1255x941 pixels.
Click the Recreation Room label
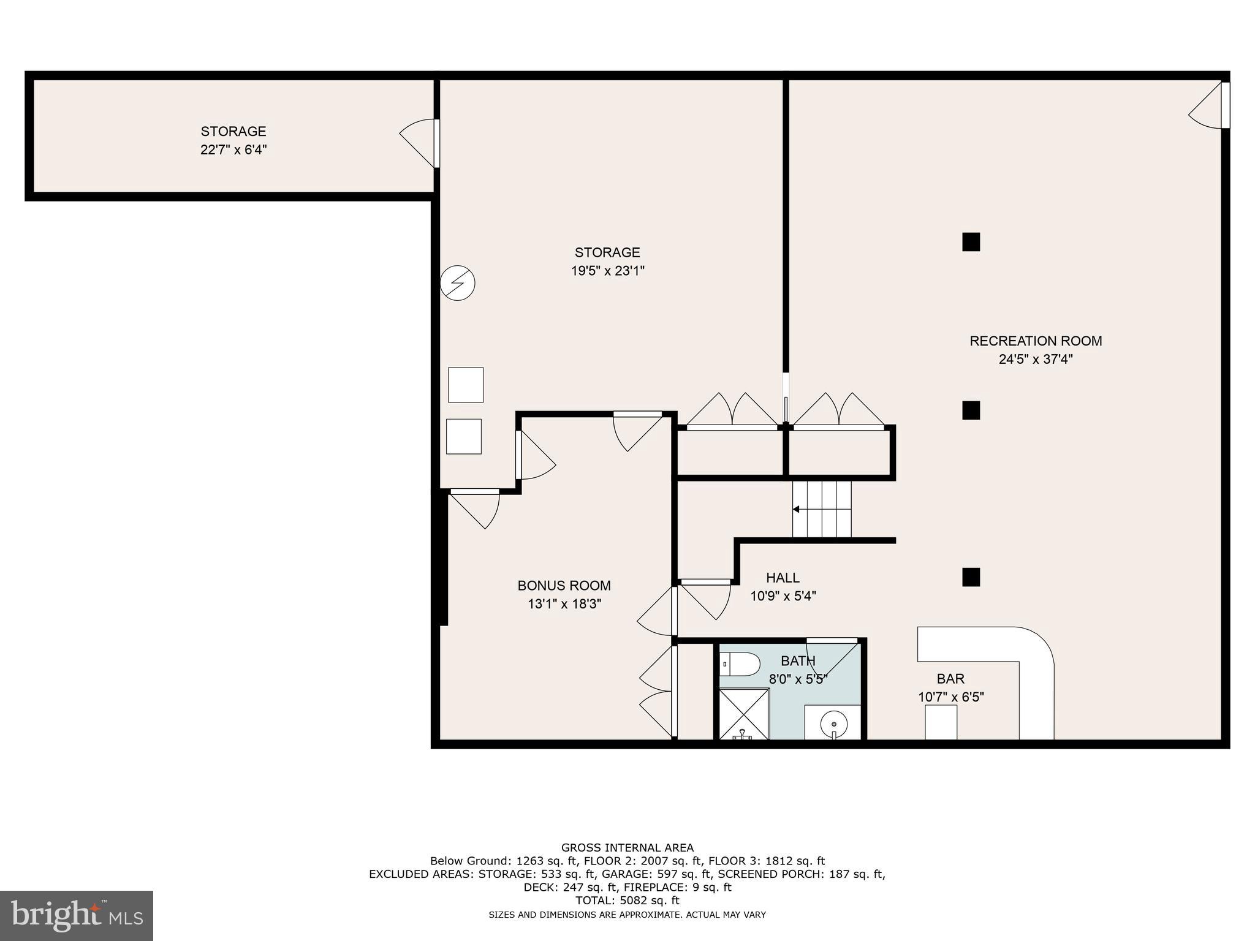(x=1035, y=341)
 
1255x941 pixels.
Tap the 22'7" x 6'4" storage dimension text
(x=233, y=149)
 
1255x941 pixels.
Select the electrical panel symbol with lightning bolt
(x=458, y=283)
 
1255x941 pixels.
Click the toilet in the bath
(x=740, y=663)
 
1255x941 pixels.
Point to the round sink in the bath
(x=833, y=724)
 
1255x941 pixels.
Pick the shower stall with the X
(x=743, y=714)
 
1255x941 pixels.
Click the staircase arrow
(x=797, y=509)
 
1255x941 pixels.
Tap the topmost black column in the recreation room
(x=971, y=242)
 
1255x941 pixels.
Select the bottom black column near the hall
(x=971, y=577)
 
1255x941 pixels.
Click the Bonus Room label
(x=564, y=586)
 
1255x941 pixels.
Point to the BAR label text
(x=950, y=679)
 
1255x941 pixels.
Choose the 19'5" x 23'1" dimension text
(x=607, y=271)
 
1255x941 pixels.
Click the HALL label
(x=783, y=578)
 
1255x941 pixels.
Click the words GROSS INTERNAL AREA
(x=627, y=848)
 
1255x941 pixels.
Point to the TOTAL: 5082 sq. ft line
(x=627, y=901)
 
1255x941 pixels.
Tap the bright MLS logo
(x=76, y=915)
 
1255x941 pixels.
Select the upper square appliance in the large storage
(x=466, y=385)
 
